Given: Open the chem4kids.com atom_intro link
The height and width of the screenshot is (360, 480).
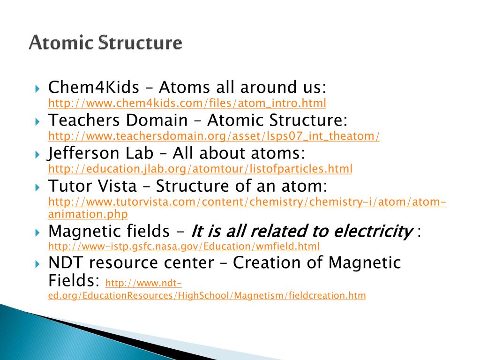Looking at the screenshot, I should (187, 103).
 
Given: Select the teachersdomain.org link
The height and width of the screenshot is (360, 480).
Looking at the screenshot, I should (214, 136).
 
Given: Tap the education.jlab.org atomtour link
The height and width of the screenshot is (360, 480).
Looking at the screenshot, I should (200, 169).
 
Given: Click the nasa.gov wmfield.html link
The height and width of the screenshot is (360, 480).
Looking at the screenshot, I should (184, 246).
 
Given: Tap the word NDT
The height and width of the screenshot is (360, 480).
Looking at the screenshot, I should (66, 263).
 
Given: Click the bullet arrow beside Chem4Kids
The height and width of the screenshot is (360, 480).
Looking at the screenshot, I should (38, 88).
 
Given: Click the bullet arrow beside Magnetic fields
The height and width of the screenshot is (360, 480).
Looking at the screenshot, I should (38, 232).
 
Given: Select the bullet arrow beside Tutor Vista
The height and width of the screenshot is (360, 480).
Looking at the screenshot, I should (38, 187).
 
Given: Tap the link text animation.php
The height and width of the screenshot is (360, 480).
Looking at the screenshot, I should (88, 214).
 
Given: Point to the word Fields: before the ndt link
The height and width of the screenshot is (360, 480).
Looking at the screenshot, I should (74, 281).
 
